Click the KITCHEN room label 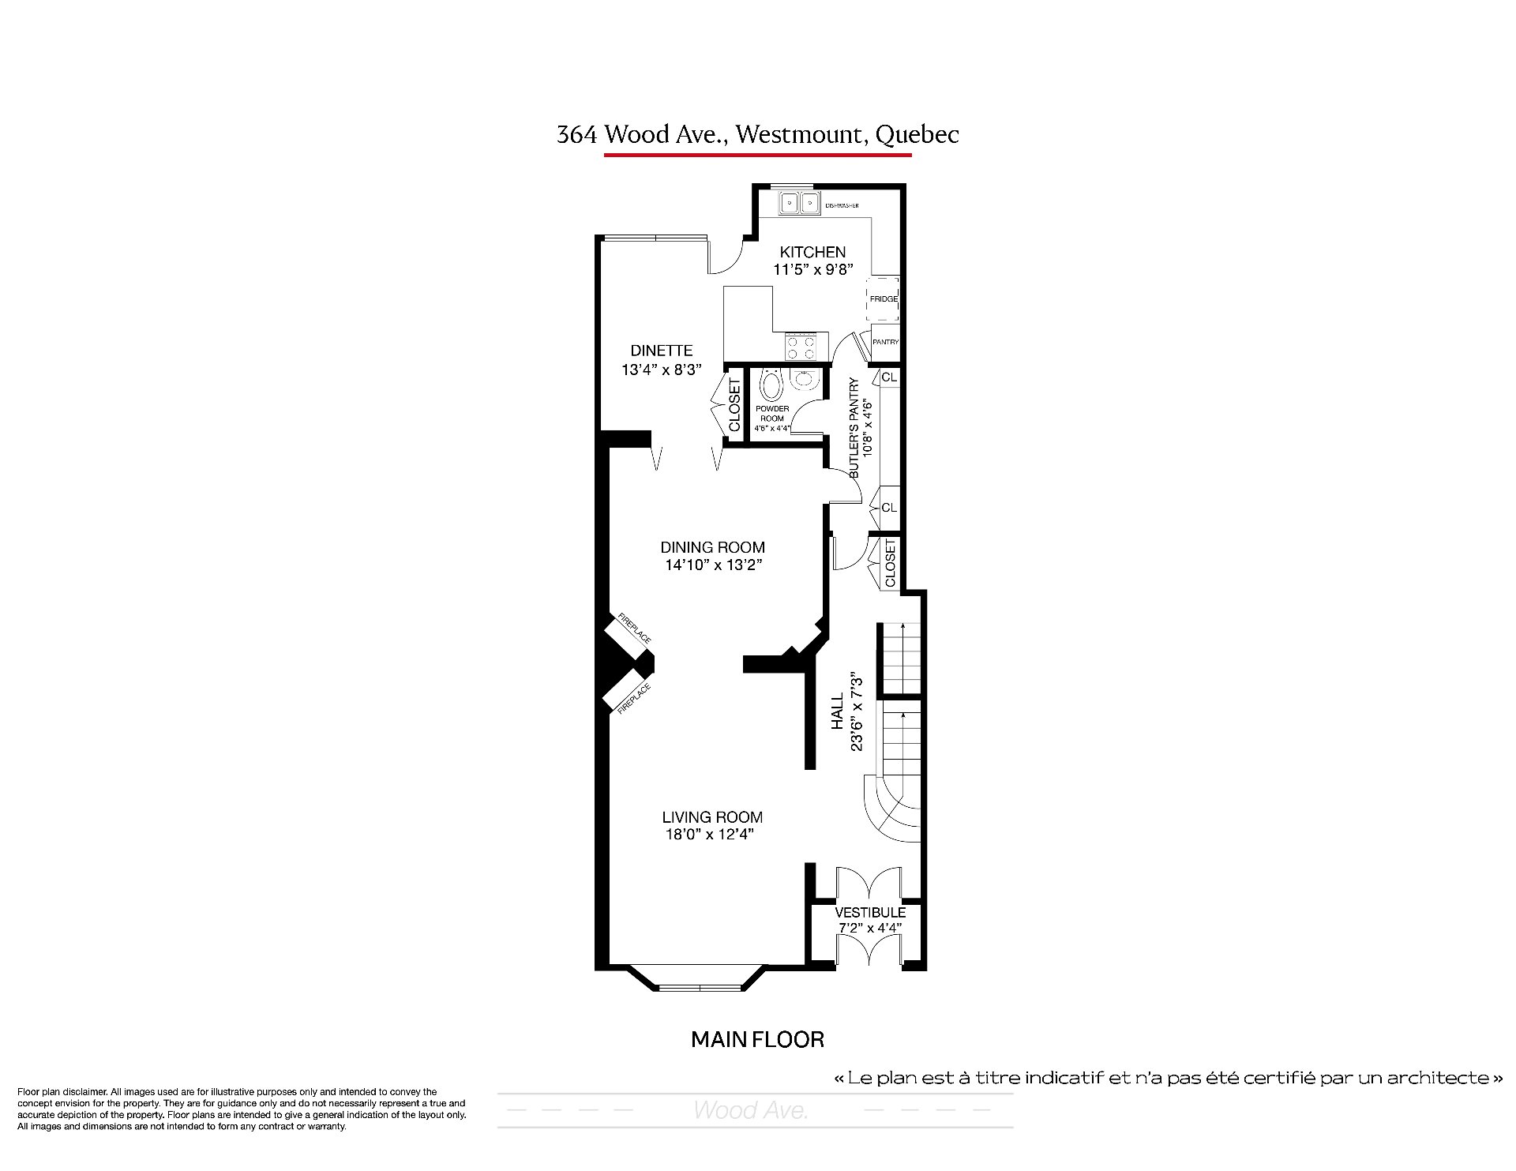click(x=812, y=252)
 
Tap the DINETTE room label click(x=661, y=351)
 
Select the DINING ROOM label click(x=712, y=547)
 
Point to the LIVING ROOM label click(x=712, y=817)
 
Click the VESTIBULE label click(x=870, y=912)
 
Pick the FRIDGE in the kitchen click(x=884, y=298)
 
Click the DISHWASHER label click(x=842, y=206)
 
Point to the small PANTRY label click(x=886, y=342)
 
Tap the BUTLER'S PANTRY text click(x=854, y=428)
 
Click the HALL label click(x=837, y=711)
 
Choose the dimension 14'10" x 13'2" click(x=713, y=565)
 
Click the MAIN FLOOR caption click(x=757, y=1039)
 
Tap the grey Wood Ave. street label click(x=751, y=1110)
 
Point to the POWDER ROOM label click(x=772, y=413)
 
